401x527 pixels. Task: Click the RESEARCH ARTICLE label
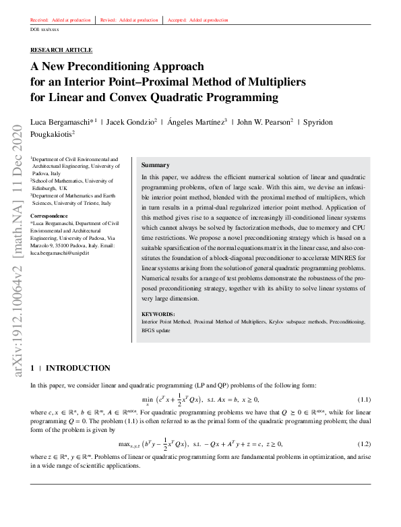pos(61,50)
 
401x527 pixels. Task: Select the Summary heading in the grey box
pos(155,165)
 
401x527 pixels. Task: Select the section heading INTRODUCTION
pos(78,368)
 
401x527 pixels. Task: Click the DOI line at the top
pos(45,30)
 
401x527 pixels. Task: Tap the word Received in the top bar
pos(40,20)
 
